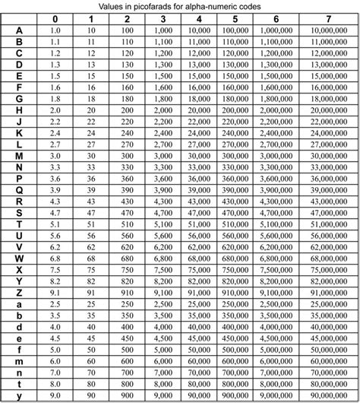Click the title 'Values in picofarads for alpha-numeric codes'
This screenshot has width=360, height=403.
(179, 6)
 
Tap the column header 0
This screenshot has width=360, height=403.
(55, 18)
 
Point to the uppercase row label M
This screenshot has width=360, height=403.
(17, 155)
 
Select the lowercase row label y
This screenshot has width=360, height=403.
(17, 395)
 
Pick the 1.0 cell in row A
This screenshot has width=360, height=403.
(55, 30)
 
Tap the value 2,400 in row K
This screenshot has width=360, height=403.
(163, 132)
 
